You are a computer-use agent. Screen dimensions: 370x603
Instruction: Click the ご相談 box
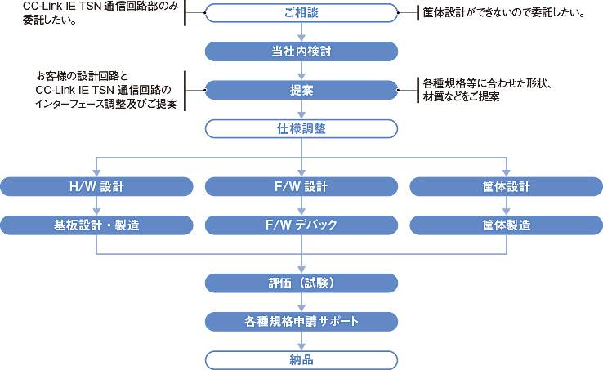pyautogui.click(x=301, y=13)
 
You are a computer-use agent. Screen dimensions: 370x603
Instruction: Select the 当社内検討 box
pyautogui.click(x=301, y=51)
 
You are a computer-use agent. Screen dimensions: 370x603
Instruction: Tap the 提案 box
pyautogui.click(x=301, y=90)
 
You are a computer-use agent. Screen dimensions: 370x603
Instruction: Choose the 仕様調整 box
pyautogui.click(x=301, y=128)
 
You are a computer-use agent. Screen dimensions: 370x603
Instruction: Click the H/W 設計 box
pyautogui.click(x=96, y=186)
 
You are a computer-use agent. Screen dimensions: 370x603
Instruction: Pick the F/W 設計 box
pyautogui.click(x=301, y=186)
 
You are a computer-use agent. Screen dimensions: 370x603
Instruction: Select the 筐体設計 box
pyautogui.click(x=507, y=186)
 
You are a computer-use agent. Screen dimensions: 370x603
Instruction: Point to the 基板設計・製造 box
pyautogui.click(x=96, y=225)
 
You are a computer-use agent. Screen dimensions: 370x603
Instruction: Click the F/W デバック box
pyautogui.click(x=301, y=225)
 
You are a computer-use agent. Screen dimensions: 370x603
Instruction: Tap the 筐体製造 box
pyautogui.click(x=507, y=225)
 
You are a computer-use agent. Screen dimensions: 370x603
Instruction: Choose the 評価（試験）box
pyautogui.click(x=301, y=283)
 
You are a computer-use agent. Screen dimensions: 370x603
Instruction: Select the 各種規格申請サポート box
pyautogui.click(x=301, y=321)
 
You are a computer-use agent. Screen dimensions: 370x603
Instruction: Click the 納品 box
pyautogui.click(x=301, y=359)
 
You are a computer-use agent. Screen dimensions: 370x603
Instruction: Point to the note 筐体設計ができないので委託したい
pyautogui.click(x=503, y=13)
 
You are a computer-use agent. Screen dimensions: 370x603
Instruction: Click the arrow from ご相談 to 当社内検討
pyautogui.click(x=301, y=33)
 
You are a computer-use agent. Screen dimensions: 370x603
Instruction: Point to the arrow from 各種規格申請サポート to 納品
pyautogui.click(x=301, y=341)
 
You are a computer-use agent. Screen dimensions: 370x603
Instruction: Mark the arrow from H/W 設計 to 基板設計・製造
pyautogui.click(x=96, y=206)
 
